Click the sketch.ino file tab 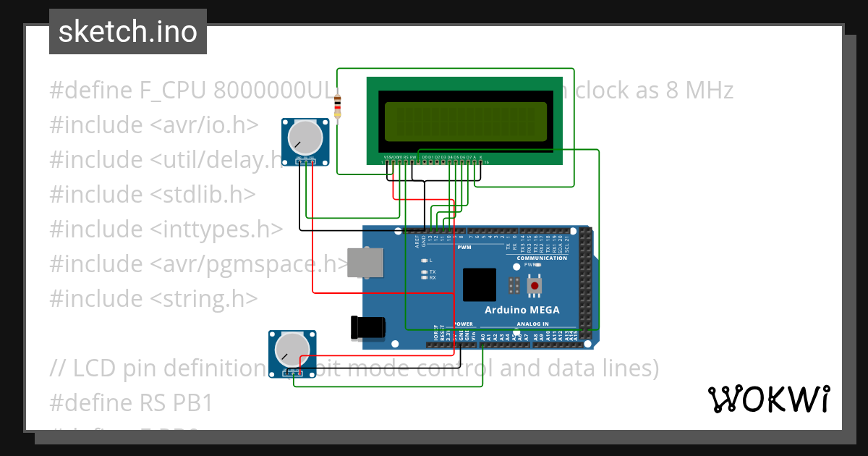(x=127, y=32)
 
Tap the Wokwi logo (x=768, y=400)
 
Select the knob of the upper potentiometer (x=305, y=138)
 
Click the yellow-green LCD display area (x=465, y=121)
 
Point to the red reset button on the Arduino (x=535, y=286)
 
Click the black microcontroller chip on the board (x=480, y=284)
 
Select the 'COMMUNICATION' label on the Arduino (x=542, y=258)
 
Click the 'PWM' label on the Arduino (x=464, y=247)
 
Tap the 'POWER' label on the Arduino (x=464, y=324)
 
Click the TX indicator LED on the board (x=424, y=272)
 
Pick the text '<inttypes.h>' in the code (x=216, y=229)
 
